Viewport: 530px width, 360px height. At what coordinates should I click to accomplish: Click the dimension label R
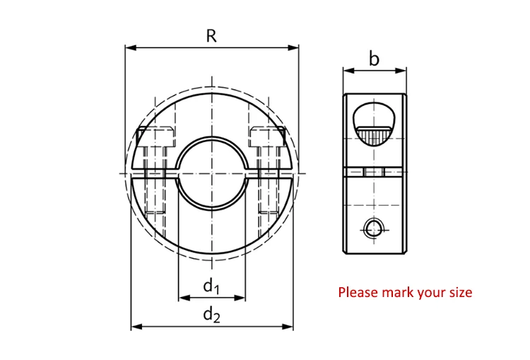[x=211, y=36]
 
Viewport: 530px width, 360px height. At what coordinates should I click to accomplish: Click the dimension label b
[x=375, y=59]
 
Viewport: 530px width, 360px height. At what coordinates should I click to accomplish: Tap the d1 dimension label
[x=211, y=286]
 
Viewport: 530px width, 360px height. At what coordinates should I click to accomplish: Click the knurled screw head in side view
[x=374, y=132]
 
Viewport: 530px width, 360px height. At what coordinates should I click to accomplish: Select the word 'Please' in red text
[x=358, y=292]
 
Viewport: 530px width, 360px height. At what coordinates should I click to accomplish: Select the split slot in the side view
[x=374, y=172]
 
